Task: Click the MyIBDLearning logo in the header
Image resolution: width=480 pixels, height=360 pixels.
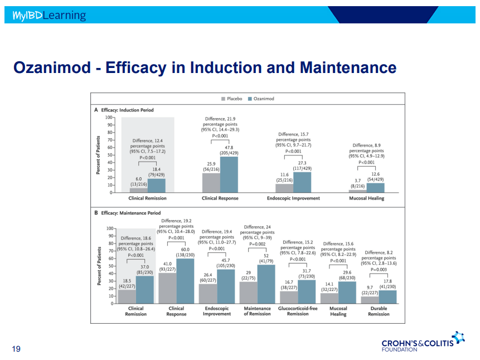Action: (x=49, y=15)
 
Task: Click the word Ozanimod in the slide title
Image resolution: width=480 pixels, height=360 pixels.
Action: (x=52, y=67)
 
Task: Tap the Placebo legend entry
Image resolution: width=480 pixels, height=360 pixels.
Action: (x=232, y=99)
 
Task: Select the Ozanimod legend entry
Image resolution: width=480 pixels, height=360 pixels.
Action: (x=261, y=99)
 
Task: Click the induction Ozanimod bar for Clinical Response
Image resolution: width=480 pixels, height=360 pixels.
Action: (x=229, y=174)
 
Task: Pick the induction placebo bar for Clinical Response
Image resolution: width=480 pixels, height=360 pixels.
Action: (x=211, y=183)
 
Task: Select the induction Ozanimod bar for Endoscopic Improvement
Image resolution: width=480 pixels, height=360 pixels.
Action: (x=302, y=182)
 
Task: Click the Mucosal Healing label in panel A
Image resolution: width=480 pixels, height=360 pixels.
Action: (x=367, y=198)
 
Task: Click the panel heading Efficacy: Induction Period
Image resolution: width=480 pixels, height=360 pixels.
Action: (x=127, y=110)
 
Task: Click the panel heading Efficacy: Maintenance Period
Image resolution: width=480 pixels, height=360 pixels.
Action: (x=130, y=213)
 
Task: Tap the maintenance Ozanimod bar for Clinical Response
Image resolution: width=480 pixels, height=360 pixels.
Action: (x=185, y=281)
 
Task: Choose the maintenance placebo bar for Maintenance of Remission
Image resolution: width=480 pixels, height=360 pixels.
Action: (x=248, y=293)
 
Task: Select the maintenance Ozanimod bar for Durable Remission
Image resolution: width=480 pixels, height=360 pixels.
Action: (x=387, y=297)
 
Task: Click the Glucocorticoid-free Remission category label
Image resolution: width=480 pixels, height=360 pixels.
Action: (x=298, y=311)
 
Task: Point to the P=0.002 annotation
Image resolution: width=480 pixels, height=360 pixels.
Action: (x=258, y=244)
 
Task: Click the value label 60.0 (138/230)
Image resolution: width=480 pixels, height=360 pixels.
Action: (x=185, y=252)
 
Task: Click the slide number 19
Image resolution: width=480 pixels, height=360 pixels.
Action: (x=16, y=349)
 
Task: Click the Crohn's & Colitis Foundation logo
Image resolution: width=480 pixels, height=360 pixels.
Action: (x=423, y=342)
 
